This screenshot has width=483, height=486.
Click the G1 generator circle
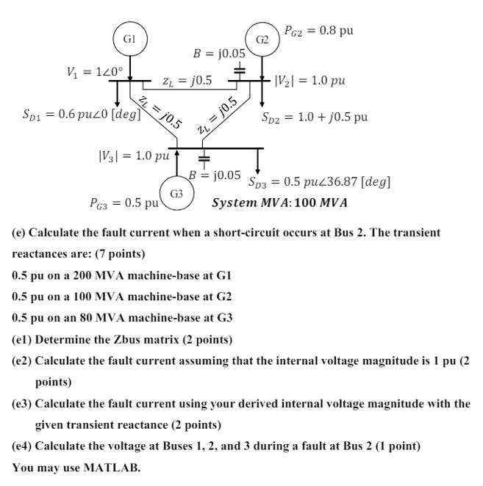(129, 40)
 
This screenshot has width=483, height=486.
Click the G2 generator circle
(262, 40)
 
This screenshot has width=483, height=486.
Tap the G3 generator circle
(176, 193)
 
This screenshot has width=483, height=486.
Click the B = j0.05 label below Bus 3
(215, 175)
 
